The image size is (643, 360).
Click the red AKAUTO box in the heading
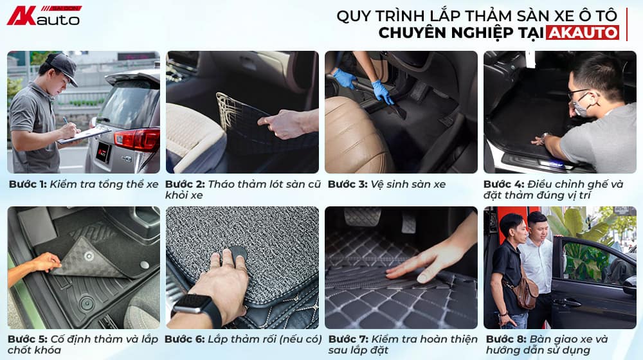tap(583, 32)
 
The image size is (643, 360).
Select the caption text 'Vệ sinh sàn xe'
tap(408, 184)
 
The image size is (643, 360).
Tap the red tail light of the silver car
tap(137, 138)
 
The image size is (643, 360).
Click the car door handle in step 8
tap(568, 301)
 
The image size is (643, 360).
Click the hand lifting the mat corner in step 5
tap(45, 262)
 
